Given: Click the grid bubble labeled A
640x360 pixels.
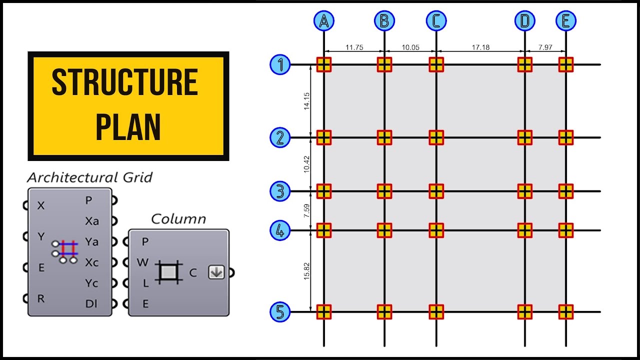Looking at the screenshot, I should (x=324, y=21).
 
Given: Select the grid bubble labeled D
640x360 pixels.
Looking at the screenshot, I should (x=524, y=21).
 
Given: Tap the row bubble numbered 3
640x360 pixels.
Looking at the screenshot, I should (x=280, y=191).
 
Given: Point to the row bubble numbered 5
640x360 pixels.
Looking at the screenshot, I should (x=280, y=312).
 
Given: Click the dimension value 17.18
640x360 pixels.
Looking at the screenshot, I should (x=480, y=47).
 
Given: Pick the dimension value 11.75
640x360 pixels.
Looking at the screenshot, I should (x=354, y=47).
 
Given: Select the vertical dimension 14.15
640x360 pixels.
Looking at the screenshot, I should (x=307, y=101).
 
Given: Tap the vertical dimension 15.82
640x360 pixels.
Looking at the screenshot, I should (x=307, y=271).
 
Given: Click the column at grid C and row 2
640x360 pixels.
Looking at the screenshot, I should (x=436, y=137).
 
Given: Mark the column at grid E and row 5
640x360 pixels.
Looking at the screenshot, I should (x=565, y=312).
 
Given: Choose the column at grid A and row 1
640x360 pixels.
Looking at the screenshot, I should (x=324, y=64).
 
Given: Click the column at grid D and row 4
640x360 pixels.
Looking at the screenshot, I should (x=524, y=230).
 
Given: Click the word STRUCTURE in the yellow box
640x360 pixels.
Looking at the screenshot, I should (x=125, y=82).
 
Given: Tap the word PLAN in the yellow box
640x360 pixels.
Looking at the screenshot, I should (x=128, y=126).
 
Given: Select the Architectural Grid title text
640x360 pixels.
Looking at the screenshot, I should (x=90, y=177).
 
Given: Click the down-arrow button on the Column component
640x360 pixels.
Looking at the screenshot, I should (x=216, y=272).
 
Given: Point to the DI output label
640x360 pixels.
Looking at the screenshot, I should (x=91, y=303).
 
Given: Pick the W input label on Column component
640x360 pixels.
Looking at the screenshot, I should (x=142, y=262).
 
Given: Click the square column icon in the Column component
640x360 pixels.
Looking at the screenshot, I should (x=168, y=272).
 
